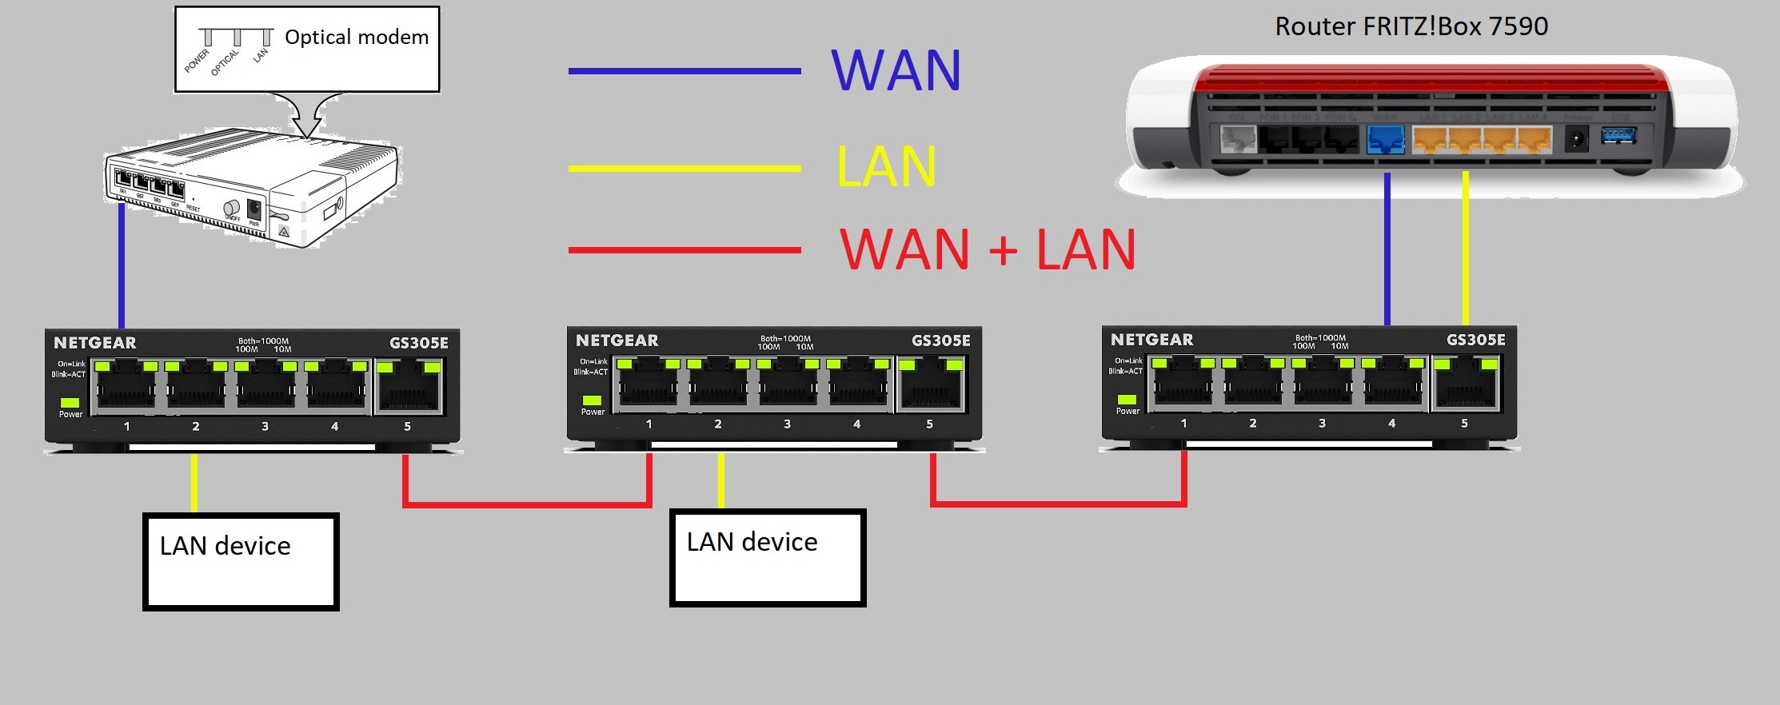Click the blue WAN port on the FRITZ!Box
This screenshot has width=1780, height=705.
coord(1386,140)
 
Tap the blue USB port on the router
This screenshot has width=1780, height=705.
coord(1618,136)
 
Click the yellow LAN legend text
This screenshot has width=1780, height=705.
coord(886,167)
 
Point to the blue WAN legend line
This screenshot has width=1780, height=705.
coord(684,71)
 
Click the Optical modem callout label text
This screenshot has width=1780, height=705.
coord(357,38)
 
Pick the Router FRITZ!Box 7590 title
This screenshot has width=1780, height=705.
coord(1411,26)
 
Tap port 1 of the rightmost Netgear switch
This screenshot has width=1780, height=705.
coord(1183,385)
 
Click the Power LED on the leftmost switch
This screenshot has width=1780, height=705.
coord(70,403)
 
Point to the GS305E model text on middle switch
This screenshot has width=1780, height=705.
coord(940,341)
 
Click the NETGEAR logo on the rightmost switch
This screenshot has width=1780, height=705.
coord(1151,340)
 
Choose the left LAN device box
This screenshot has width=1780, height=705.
coord(241,562)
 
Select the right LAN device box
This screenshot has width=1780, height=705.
coord(768,558)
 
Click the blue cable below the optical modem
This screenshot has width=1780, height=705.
coord(122,264)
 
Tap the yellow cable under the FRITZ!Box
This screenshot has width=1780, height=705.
coord(1465,248)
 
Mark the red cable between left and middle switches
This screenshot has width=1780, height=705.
coord(528,504)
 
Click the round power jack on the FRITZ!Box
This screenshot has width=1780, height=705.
coord(1575,140)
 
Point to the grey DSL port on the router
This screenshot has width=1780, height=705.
coord(1238,140)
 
